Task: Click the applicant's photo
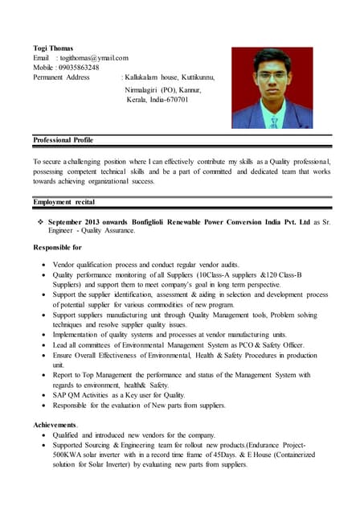pyautogui.click(x=272, y=88)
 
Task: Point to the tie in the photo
pyautogui.click(x=273, y=119)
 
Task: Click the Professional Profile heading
pyautogui.click(x=63, y=140)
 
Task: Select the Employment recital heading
pyautogui.click(x=63, y=201)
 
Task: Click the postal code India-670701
pyautogui.click(x=169, y=100)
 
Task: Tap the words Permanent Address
pyautogui.click(x=61, y=77)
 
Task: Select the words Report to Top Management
pyautogui.click(x=98, y=375)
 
